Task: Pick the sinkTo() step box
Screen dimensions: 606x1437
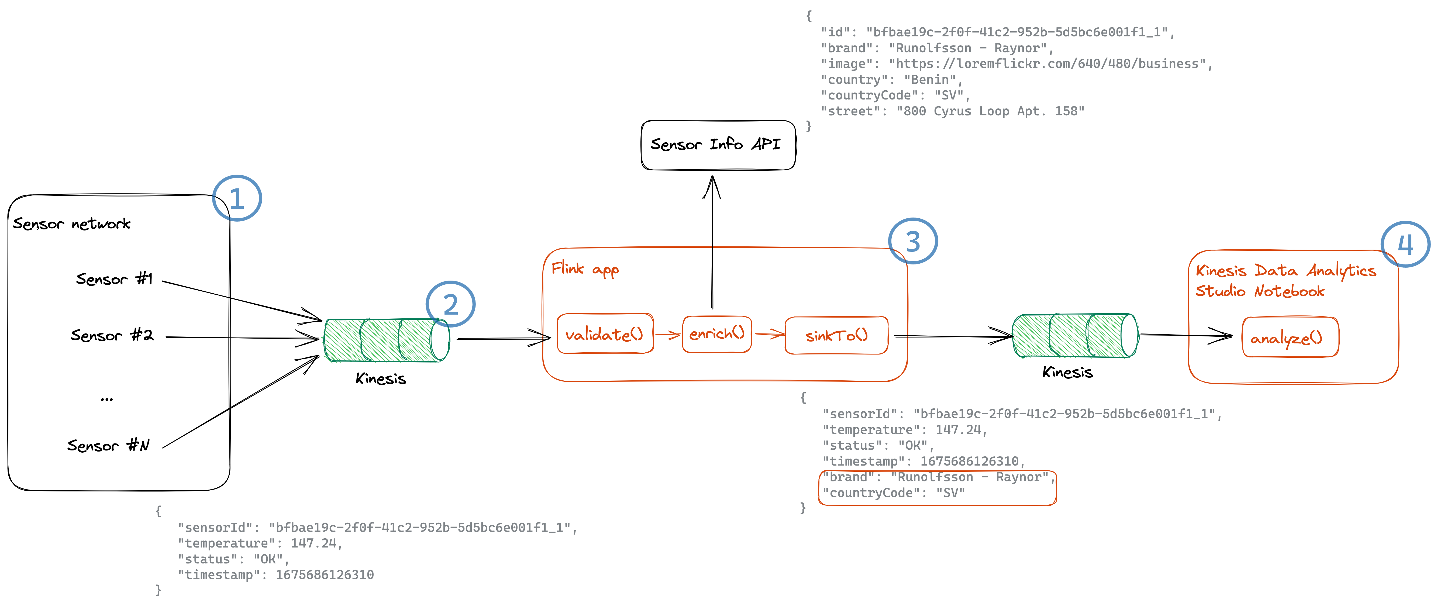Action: click(836, 335)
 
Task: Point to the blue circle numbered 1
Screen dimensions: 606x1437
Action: click(237, 198)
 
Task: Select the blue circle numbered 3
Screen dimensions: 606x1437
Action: click(913, 241)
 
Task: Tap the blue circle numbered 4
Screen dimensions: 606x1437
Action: click(1405, 245)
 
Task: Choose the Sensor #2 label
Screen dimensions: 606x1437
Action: click(112, 335)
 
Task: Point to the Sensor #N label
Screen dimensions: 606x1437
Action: click(108, 445)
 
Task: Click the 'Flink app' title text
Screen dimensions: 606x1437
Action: click(585, 270)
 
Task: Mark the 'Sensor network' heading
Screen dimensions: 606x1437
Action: click(71, 224)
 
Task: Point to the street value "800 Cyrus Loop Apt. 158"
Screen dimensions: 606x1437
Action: click(990, 111)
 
